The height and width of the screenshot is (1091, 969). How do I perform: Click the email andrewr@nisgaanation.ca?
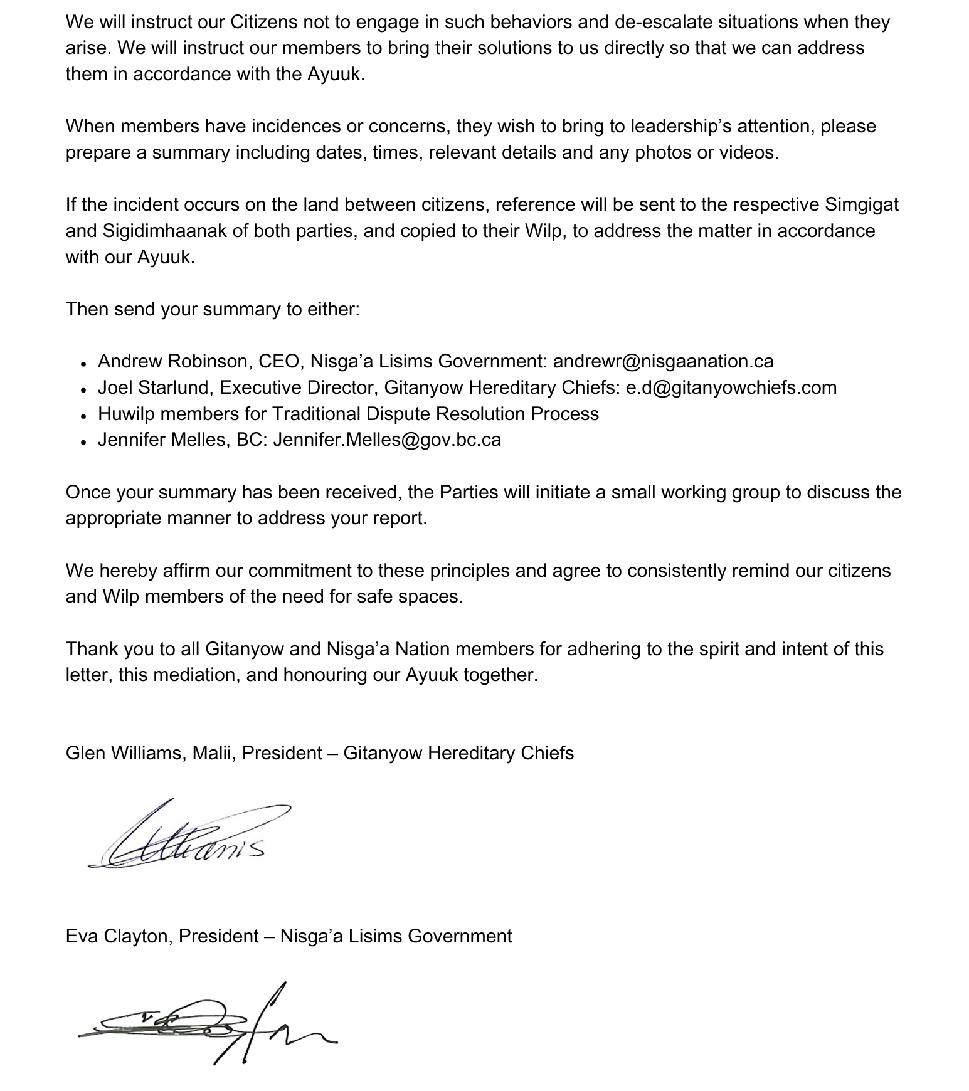[663, 362]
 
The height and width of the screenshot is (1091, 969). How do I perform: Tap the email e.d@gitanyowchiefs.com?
[731, 387]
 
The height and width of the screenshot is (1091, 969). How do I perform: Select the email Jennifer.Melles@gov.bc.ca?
[387, 440]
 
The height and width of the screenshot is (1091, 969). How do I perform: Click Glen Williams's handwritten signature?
[188, 835]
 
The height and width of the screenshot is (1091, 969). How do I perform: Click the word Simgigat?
[861, 205]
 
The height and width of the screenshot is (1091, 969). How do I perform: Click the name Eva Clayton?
[119, 936]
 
